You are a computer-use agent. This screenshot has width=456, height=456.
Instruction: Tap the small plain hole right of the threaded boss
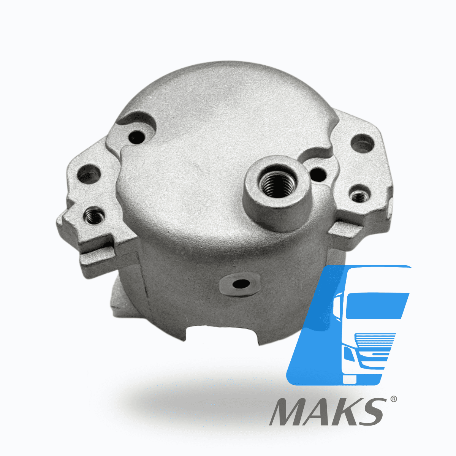(318, 175)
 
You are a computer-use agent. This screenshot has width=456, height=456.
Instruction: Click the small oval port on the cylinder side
(241, 283)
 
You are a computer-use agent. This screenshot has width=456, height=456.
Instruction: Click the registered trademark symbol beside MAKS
(393, 399)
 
